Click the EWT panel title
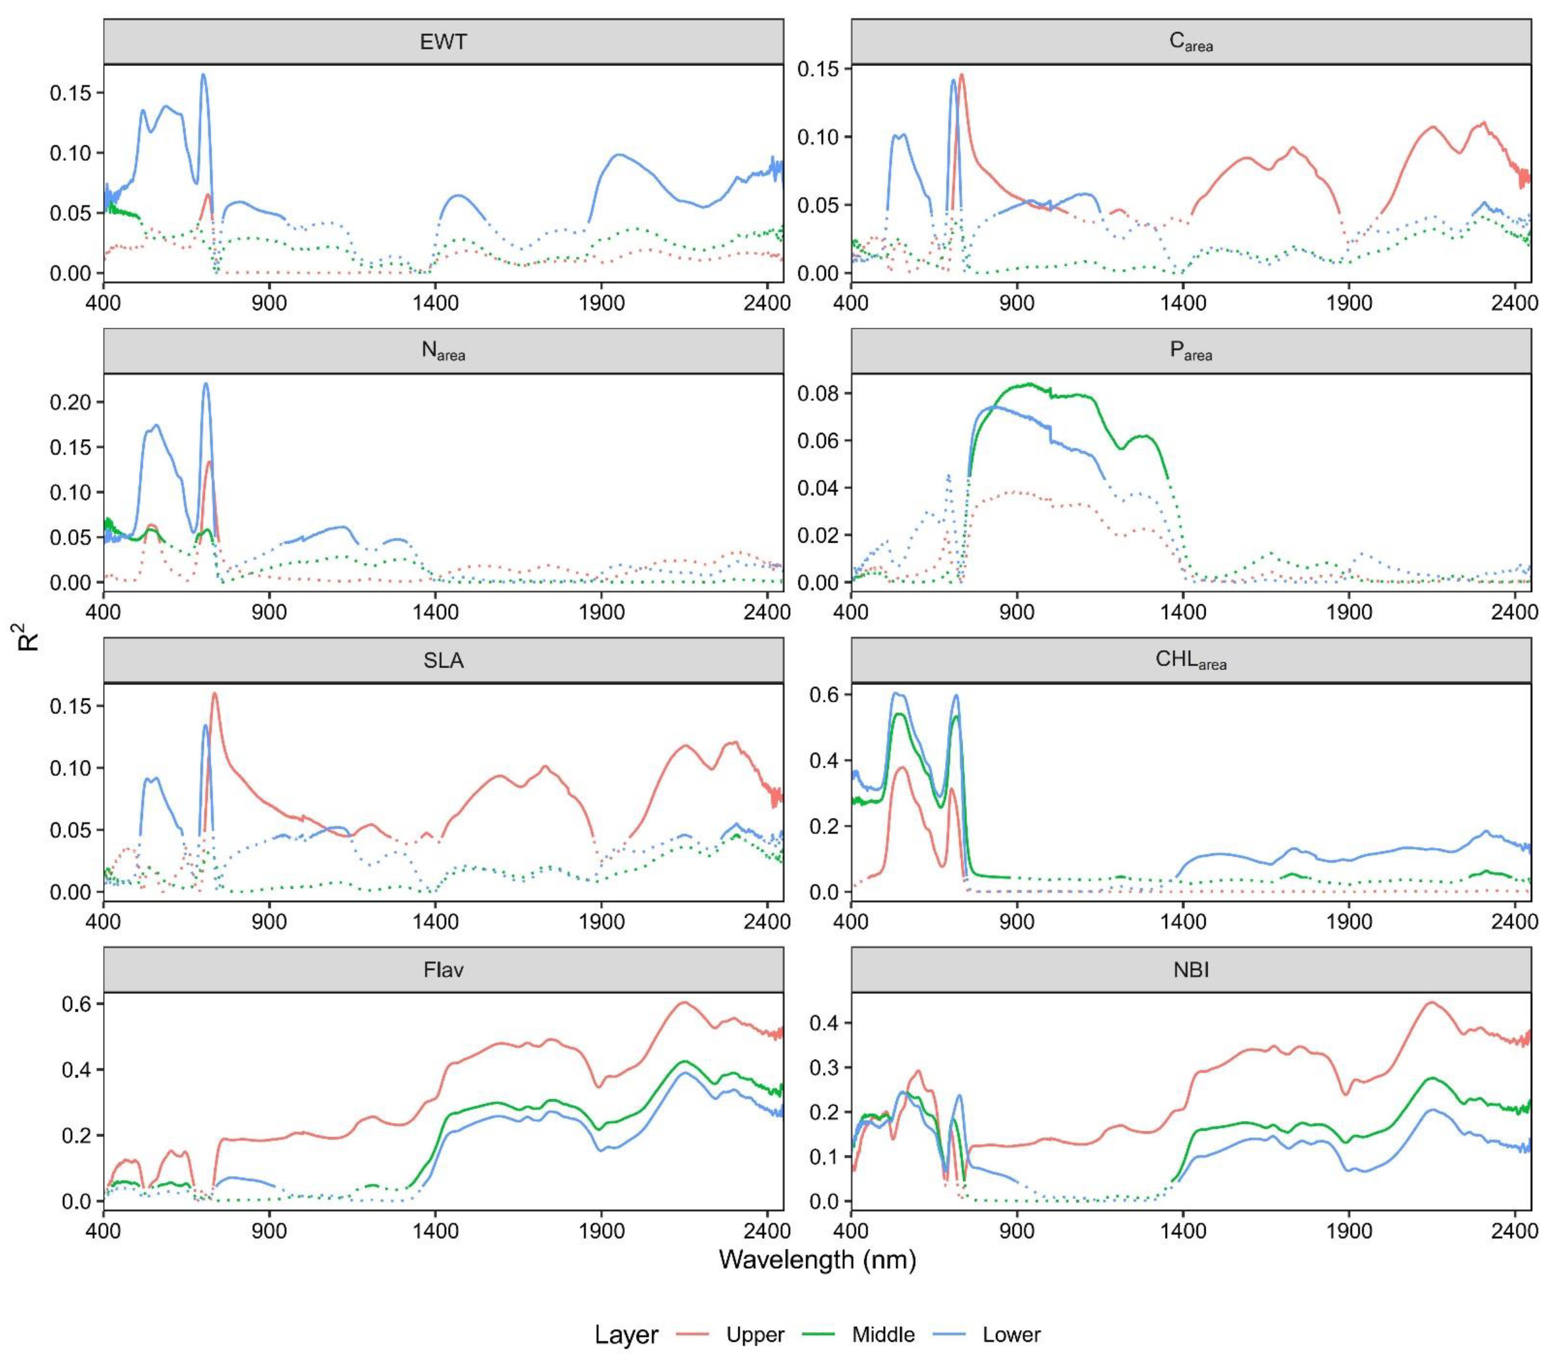tap(443, 42)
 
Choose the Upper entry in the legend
tap(754, 1335)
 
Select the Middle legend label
tap(882, 1335)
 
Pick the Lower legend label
tap(1011, 1335)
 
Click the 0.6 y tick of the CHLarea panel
tap(824, 694)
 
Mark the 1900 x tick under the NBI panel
tap(1349, 1231)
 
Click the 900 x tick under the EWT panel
tap(269, 303)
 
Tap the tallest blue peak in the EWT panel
tap(203, 75)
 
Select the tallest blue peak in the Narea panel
tap(205, 384)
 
